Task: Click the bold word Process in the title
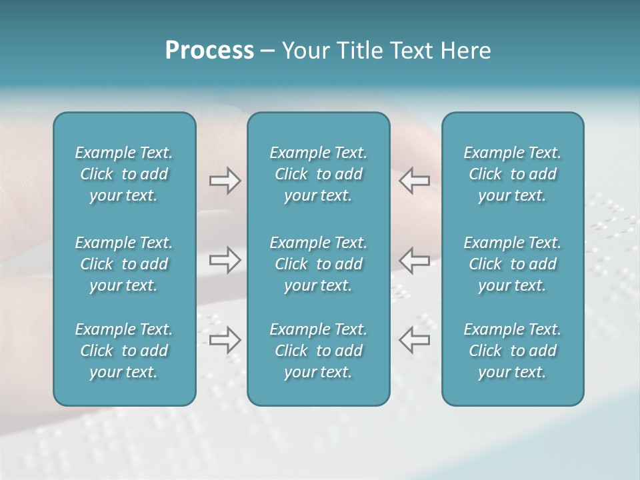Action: [209, 51]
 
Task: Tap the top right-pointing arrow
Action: [225, 181]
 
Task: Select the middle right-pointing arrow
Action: [225, 260]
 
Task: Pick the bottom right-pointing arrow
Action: [225, 339]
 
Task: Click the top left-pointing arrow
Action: [415, 181]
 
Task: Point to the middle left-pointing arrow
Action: [415, 260]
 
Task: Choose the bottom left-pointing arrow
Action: [415, 339]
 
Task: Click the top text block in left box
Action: [124, 174]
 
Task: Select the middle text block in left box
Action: [124, 264]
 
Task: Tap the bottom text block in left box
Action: [124, 351]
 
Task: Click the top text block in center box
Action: [318, 174]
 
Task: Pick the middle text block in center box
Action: [318, 264]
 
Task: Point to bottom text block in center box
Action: [318, 351]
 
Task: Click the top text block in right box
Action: [512, 174]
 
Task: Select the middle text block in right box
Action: [512, 264]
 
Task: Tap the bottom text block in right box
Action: [512, 351]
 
